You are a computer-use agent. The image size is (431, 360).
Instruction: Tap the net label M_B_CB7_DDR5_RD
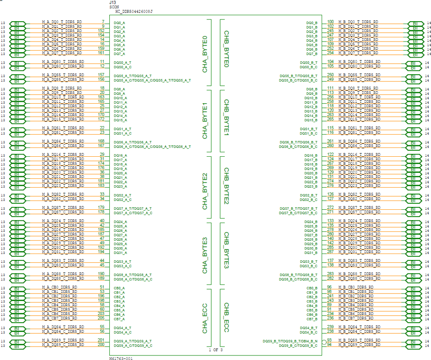coord(357,319)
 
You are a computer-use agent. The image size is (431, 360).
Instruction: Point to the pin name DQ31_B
coord(311,253)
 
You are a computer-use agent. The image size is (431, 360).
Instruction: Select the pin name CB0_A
coord(119,288)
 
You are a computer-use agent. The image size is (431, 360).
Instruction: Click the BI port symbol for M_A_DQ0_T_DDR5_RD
coord(18,23)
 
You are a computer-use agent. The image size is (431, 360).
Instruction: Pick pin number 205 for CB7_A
coord(101,318)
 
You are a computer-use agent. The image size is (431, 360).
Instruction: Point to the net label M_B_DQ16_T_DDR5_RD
coord(359,154)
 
